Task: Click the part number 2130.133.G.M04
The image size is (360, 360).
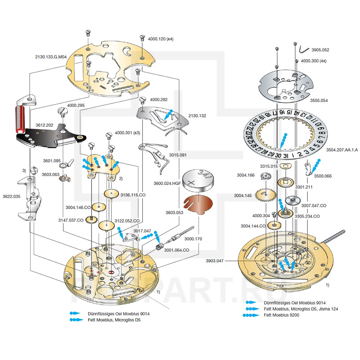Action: pos(51,57)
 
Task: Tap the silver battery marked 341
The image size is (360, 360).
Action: pos(198,180)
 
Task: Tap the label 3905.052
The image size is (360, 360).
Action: pos(320,50)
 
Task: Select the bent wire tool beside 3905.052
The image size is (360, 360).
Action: pos(303,49)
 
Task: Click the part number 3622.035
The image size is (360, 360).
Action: pos(12,197)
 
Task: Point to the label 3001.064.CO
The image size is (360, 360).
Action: pos(176,249)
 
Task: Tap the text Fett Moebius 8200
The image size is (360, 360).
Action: pos(281,315)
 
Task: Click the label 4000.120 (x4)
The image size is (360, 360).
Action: pos(161,39)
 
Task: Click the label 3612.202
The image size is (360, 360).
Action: pos(44,125)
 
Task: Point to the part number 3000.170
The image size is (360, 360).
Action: pos(193,239)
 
